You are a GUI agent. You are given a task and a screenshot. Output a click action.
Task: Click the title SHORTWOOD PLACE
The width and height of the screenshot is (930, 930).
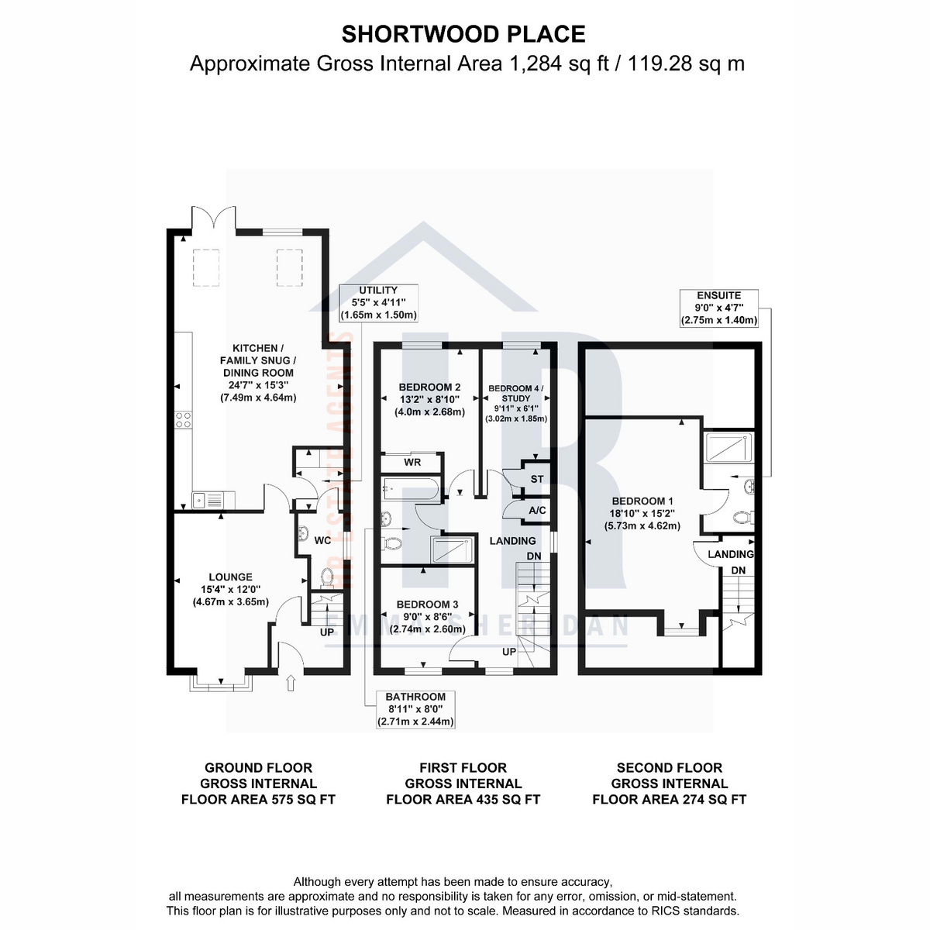[x=463, y=34]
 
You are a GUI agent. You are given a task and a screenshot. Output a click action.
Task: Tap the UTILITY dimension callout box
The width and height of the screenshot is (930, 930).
[x=378, y=303]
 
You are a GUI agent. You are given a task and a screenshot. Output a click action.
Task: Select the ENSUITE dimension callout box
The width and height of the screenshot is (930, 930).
[x=718, y=308]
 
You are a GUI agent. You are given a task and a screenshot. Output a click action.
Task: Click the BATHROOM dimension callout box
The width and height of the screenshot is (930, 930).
[x=416, y=709]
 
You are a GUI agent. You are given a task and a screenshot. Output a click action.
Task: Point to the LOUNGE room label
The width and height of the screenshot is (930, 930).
[x=230, y=577]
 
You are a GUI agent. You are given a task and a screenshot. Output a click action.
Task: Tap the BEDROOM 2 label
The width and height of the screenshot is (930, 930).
[x=429, y=387]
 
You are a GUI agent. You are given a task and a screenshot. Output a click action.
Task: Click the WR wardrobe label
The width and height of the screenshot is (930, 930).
[x=412, y=463]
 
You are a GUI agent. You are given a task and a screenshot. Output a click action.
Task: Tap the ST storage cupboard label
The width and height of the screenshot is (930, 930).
[x=536, y=480]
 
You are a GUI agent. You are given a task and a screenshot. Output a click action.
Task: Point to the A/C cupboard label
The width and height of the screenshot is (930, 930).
[x=537, y=511]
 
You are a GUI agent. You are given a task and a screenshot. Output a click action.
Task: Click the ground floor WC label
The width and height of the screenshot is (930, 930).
[x=322, y=539]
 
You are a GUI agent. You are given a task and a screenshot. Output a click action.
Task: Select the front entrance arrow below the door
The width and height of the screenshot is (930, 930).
[x=291, y=682]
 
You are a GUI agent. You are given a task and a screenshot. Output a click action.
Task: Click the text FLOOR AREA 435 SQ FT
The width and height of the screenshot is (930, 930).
[x=463, y=800]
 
